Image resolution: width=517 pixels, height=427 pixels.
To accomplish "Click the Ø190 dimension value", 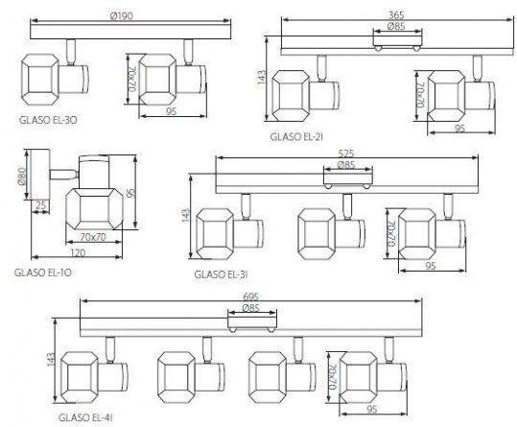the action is pyautogui.click(x=122, y=15).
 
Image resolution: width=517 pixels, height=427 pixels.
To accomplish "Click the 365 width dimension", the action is pyautogui.click(x=396, y=14).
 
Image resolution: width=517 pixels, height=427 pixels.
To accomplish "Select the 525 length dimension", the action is pyautogui.click(x=346, y=154).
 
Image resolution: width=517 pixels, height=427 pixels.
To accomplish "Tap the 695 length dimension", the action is pyautogui.click(x=251, y=297).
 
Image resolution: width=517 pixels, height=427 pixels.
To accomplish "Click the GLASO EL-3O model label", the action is pyautogui.click(x=48, y=120).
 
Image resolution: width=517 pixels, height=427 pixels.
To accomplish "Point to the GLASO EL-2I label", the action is pyautogui.click(x=296, y=136).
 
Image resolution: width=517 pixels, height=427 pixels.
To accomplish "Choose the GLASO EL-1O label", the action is pyautogui.click(x=43, y=273).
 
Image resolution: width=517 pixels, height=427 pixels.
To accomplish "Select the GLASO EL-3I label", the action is pyautogui.click(x=221, y=274).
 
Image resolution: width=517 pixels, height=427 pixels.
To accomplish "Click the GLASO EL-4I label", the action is pyautogui.click(x=85, y=417).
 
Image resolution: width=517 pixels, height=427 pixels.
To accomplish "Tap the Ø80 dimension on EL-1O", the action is pyautogui.click(x=22, y=177).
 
